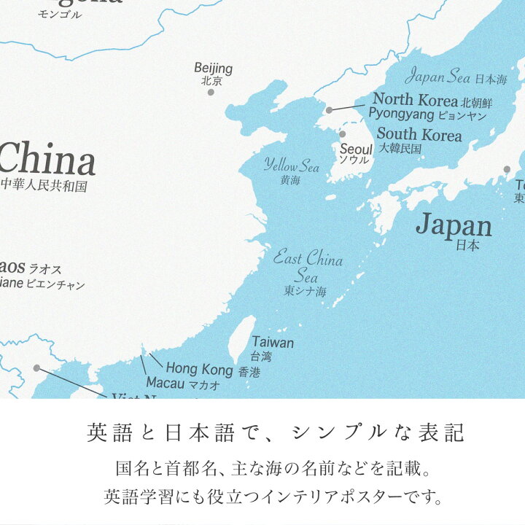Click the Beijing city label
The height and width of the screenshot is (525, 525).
(213, 69)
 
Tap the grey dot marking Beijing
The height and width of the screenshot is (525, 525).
(211, 92)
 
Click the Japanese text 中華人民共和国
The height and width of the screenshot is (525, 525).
(44, 186)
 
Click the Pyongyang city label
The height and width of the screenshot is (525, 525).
(400, 114)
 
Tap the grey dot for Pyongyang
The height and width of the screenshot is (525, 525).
(329, 110)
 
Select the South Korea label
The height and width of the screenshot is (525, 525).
(419, 135)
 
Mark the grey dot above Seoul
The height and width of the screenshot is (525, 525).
(342, 134)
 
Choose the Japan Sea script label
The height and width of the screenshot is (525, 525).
(437, 76)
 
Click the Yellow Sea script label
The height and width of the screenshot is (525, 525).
(292, 166)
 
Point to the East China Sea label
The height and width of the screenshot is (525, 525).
(307, 266)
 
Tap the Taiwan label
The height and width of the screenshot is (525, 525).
(273, 342)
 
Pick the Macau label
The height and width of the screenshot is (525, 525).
(166, 382)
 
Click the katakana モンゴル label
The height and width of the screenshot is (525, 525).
(60, 15)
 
